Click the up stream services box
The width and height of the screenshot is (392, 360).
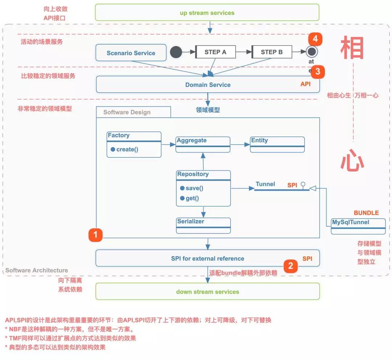click(x=207, y=13)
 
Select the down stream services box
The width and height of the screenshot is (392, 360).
click(x=207, y=292)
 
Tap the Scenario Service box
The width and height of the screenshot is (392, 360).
click(x=131, y=53)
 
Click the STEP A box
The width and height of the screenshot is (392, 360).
click(x=215, y=52)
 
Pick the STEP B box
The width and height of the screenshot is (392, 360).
click(x=271, y=52)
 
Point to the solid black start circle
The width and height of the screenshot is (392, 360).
click(x=176, y=52)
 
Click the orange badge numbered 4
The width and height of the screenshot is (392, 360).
click(x=315, y=39)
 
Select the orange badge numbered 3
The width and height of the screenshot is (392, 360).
click(x=318, y=72)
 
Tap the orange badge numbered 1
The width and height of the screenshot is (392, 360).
click(x=95, y=235)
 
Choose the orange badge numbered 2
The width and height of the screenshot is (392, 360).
click(x=290, y=266)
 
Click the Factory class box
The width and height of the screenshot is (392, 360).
click(x=134, y=144)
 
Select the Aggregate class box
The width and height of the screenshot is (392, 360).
click(x=203, y=144)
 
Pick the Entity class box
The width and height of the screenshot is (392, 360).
click(x=277, y=144)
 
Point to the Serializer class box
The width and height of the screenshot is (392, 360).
click(x=204, y=225)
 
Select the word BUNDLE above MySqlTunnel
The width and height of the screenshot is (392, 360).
click(x=366, y=213)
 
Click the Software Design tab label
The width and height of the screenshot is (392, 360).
click(x=127, y=112)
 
